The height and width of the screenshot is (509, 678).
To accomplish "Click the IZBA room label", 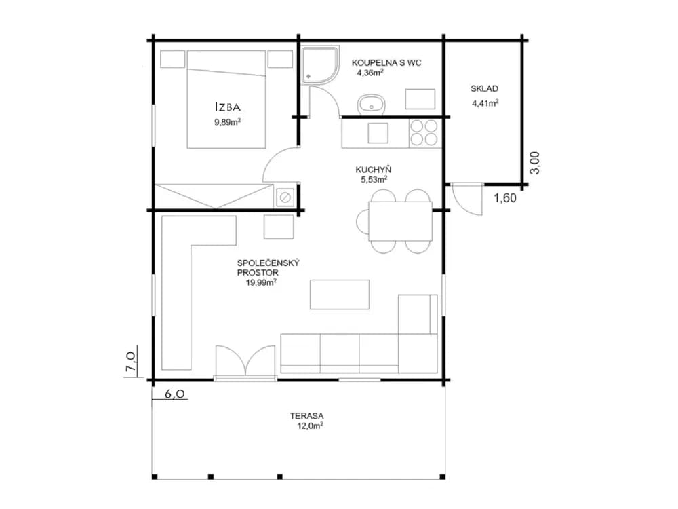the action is (228, 107).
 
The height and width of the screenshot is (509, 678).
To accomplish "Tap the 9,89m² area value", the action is (227, 121).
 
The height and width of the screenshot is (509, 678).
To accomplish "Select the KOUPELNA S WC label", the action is (386, 62).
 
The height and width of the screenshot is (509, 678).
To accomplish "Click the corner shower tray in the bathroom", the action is (320, 65).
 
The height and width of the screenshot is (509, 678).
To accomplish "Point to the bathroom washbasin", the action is (371, 105).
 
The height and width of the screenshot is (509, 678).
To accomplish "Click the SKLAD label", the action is (484, 89).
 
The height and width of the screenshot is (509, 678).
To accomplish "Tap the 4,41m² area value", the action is (485, 103).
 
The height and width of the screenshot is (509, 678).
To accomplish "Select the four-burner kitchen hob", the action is (424, 132).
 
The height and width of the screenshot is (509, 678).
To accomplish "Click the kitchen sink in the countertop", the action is (378, 133).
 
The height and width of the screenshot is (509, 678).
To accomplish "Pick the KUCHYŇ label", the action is (373, 170).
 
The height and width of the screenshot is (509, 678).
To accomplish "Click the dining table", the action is (401, 221).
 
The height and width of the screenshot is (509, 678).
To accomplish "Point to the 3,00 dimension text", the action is (535, 163).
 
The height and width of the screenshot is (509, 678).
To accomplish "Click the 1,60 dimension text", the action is (505, 198).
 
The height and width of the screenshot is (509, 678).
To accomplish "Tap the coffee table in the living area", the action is (340, 295).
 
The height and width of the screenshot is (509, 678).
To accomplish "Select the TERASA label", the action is (306, 416).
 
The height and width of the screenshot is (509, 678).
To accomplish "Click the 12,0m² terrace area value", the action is (310, 426).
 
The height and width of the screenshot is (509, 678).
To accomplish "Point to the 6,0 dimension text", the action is (175, 394).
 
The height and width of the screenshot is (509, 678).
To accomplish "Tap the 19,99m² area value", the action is (261, 283).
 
